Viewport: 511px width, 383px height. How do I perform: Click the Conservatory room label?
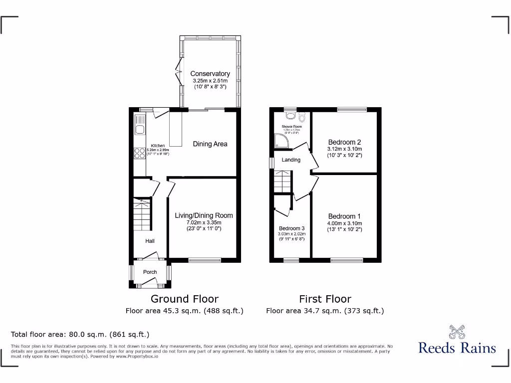click(210, 74)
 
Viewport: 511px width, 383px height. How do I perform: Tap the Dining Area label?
click(210, 144)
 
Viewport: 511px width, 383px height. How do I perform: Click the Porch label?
click(150, 272)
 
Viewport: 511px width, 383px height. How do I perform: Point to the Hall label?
click(150, 241)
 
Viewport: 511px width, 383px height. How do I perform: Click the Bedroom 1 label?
click(344, 216)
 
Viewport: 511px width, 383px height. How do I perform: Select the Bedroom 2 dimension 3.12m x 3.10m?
click(344, 149)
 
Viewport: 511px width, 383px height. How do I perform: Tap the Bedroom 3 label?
click(291, 229)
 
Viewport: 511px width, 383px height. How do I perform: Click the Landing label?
click(291, 160)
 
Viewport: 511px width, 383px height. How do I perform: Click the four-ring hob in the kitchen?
click(139, 154)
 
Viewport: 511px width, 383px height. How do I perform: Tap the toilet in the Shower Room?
click(302, 118)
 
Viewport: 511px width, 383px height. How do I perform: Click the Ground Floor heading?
click(185, 299)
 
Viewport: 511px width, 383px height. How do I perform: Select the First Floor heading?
click(325, 299)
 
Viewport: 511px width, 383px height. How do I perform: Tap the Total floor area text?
click(80, 335)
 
